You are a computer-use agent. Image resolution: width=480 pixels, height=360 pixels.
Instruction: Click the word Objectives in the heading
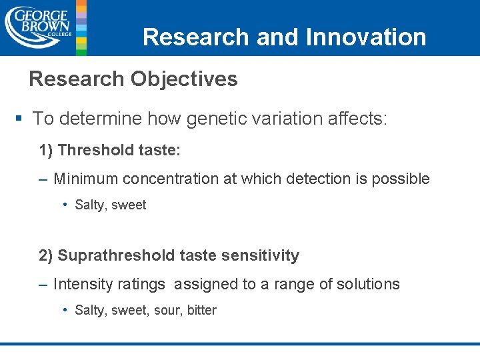(184, 79)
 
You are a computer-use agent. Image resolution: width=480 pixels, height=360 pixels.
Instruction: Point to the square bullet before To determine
(19, 119)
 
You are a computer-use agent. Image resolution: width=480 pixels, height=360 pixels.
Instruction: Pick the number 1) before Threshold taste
(47, 150)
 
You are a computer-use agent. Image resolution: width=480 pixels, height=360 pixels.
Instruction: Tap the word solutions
(369, 284)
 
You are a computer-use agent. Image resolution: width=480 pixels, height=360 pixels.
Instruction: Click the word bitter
(201, 310)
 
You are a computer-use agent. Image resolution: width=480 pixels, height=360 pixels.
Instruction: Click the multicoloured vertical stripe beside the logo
(81, 27)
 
